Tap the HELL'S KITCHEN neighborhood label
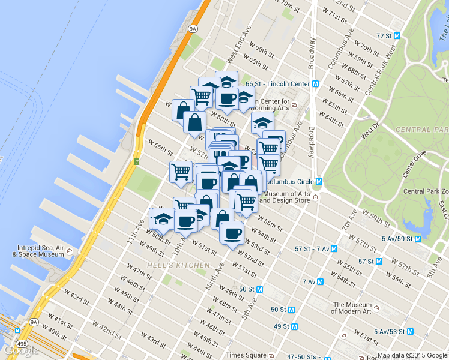pos(178,265)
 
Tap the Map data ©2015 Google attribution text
pos(412,355)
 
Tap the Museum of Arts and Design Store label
pos(288,197)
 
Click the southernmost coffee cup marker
pos(232,232)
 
